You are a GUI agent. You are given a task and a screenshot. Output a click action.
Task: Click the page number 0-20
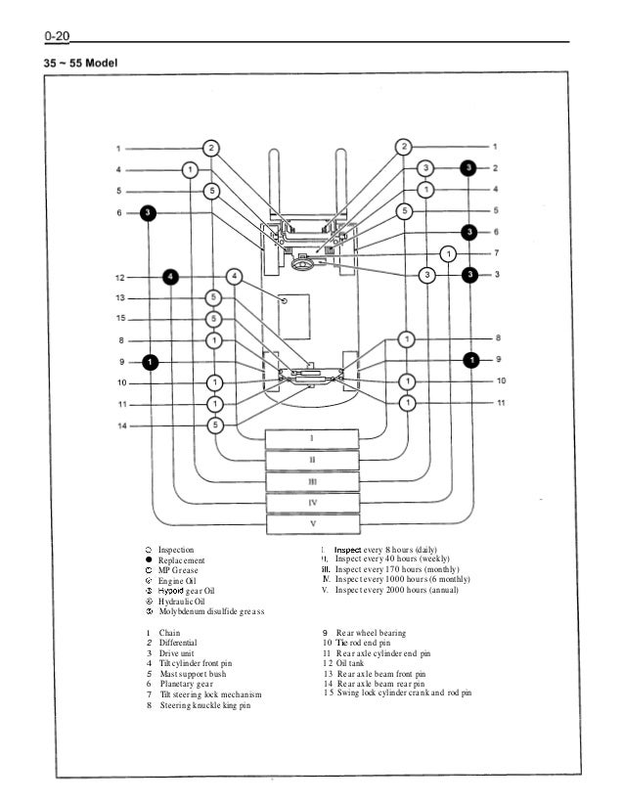(56, 36)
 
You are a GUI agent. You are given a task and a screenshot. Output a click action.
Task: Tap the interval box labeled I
(312, 436)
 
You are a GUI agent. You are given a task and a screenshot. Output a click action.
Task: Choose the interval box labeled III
(312, 480)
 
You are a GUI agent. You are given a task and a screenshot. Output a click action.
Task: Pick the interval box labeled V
(312, 523)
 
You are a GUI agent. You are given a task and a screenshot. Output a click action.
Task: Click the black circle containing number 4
(171, 276)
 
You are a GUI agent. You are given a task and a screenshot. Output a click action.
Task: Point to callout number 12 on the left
(118, 276)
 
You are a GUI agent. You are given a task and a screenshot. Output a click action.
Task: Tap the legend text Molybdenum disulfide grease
(210, 611)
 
